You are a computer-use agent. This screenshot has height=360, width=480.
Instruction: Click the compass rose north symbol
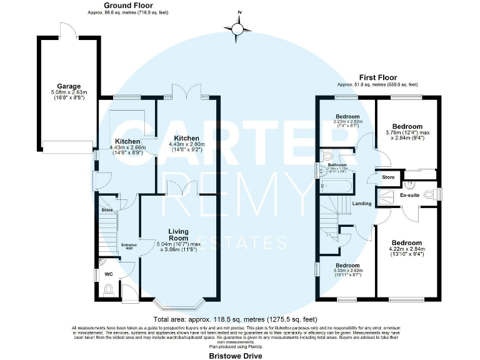(x=238, y=27)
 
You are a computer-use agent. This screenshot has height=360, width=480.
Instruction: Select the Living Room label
(x=178, y=234)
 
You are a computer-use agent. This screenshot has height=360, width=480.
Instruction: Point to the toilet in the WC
(x=109, y=289)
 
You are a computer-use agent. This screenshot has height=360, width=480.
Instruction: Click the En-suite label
(x=409, y=196)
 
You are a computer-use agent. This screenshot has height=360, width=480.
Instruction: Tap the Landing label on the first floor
(x=362, y=203)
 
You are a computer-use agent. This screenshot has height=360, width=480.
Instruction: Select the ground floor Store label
(x=106, y=210)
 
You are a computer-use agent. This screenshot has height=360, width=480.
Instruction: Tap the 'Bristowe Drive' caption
(x=235, y=355)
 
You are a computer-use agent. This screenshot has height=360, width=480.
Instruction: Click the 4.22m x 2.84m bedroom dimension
(x=406, y=251)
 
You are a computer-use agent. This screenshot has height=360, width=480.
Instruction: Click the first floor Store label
(x=389, y=178)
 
